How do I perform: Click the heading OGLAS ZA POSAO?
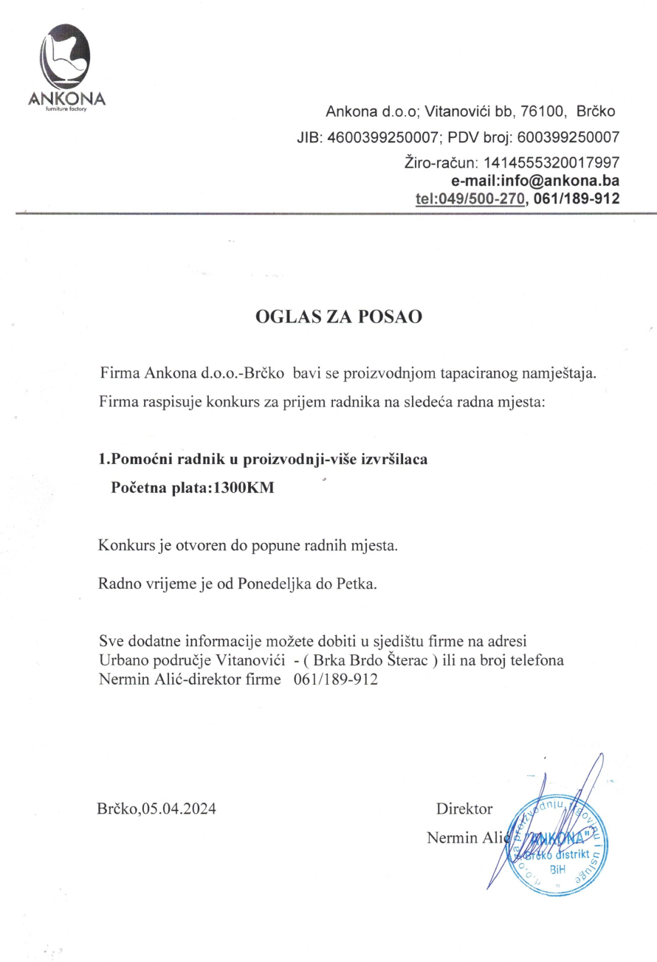coord(338,317)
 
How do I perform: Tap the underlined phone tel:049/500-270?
coord(470,198)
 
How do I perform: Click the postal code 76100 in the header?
coord(543,112)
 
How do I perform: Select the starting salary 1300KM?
coord(243,487)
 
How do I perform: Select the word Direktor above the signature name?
coord(464,809)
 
